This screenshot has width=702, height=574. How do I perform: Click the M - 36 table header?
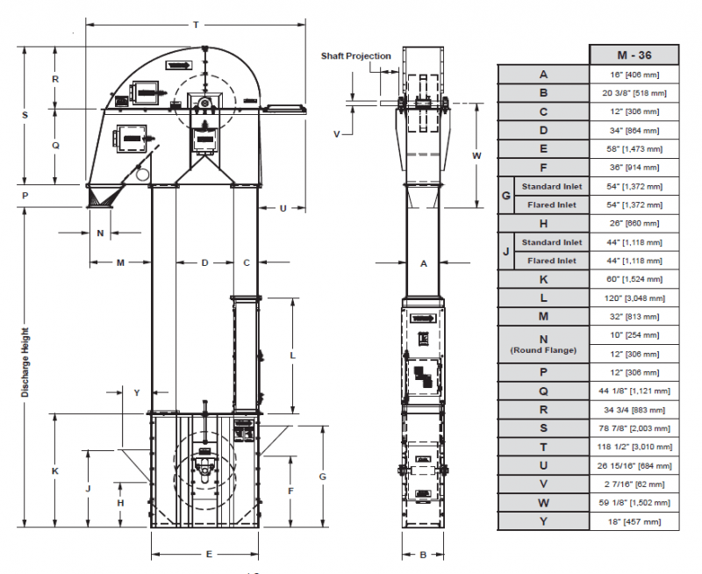(x=634, y=54)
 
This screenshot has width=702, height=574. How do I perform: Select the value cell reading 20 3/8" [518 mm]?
(x=634, y=93)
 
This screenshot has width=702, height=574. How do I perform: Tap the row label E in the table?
(x=543, y=148)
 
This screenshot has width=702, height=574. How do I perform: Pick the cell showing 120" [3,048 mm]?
(x=634, y=298)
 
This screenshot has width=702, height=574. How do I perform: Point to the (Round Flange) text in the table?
(x=543, y=351)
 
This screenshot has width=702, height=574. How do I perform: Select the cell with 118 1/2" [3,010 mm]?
(x=634, y=446)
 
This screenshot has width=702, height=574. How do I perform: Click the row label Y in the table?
(x=543, y=520)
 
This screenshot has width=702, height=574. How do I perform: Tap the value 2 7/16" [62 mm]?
(x=634, y=484)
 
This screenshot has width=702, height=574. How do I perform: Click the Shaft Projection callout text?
(x=355, y=56)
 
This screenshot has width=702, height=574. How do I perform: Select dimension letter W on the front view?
(x=476, y=155)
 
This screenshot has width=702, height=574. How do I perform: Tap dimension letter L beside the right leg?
(x=291, y=355)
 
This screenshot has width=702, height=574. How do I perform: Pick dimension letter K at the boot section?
(x=54, y=471)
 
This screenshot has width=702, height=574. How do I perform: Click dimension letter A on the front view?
(x=423, y=262)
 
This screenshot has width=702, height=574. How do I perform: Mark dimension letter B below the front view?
(x=423, y=555)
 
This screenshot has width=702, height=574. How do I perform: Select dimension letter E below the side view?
(x=208, y=555)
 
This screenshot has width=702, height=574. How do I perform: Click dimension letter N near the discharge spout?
(x=100, y=233)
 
